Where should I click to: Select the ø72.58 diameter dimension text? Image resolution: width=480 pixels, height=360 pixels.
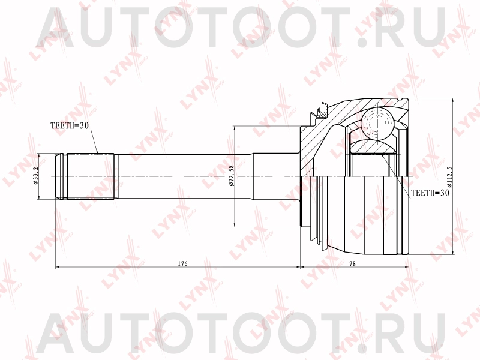tap(232, 177)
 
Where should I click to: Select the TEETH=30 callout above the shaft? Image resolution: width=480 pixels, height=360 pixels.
tap(70, 125)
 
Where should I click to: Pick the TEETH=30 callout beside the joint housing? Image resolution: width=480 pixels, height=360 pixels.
tap(429, 193)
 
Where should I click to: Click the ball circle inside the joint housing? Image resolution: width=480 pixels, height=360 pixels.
tap(378, 124)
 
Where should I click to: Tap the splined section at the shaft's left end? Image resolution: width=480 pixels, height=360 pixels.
tap(90, 177)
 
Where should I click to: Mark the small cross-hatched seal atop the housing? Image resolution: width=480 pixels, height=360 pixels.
tap(322, 111)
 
